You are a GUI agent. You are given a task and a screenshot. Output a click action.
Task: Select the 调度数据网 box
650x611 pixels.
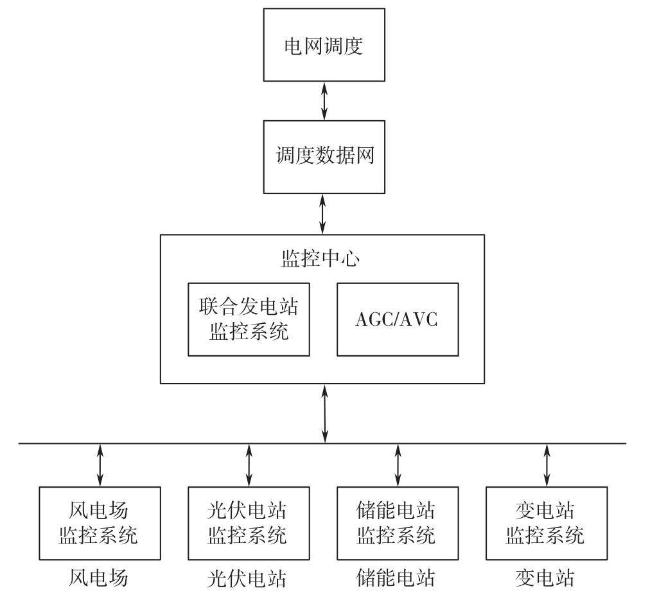(323, 156)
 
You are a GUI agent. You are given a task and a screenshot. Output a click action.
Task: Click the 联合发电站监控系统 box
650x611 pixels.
(249, 319)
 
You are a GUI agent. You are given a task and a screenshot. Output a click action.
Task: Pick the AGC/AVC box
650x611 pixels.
(398, 319)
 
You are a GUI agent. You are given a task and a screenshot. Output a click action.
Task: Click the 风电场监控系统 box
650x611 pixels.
(99, 523)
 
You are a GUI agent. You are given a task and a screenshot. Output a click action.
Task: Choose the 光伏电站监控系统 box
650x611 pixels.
(248, 523)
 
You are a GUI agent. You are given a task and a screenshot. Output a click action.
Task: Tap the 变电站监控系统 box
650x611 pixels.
(546, 523)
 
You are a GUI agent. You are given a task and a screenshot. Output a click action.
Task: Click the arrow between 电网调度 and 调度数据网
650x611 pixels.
(324, 102)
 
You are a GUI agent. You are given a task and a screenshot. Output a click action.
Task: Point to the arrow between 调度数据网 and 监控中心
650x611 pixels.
(323, 214)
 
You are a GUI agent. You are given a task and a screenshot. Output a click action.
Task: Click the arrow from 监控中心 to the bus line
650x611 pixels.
(325, 413)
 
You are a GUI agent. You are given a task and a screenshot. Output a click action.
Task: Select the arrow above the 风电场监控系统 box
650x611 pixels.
(100, 465)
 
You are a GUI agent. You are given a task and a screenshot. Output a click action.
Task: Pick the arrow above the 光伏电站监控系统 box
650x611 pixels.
(249, 465)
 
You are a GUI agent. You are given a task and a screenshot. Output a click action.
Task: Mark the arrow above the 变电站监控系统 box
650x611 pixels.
(546, 465)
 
